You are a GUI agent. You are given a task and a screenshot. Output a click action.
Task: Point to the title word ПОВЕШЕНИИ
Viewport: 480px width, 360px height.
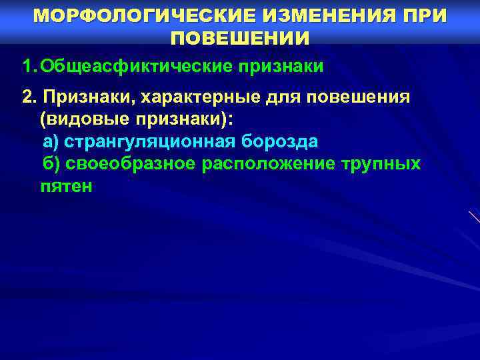240,38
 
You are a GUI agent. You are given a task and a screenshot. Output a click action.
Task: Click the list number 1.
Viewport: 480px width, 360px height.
27,67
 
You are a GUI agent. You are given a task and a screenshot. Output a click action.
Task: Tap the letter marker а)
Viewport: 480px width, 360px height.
51,142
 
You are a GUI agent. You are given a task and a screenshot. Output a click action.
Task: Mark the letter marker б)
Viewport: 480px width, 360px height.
51,164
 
